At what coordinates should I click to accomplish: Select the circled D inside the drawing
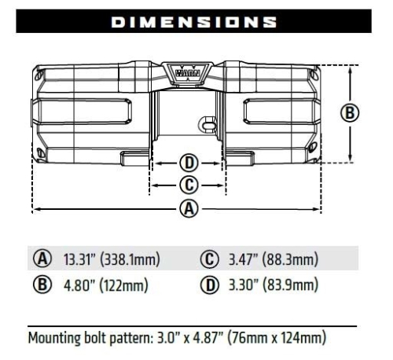coord(189,163)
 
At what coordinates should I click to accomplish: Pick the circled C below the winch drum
coord(189,185)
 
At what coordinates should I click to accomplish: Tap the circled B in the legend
coord(42,284)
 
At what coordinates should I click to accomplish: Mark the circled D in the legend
coord(209,284)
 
